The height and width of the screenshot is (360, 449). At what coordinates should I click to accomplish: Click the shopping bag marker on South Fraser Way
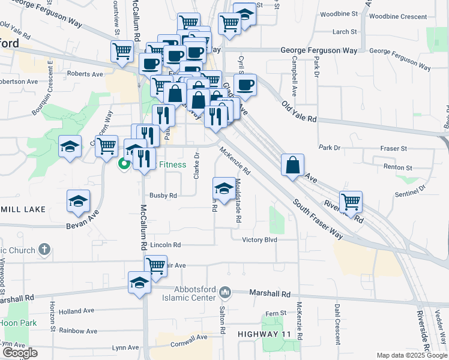click(x=292, y=165)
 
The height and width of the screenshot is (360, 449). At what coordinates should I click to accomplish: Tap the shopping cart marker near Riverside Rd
click(x=351, y=201)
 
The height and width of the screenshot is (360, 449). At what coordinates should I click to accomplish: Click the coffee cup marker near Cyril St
click(x=245, y=85)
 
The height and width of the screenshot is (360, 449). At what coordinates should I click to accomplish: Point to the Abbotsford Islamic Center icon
click(x=225, y=292)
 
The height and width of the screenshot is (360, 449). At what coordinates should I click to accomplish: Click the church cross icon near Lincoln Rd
click(x=44, y=248)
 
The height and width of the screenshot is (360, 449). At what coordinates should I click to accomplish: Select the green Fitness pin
click(x=125, y=163)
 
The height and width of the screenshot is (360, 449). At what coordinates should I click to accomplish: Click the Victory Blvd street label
click(x=259, y=240)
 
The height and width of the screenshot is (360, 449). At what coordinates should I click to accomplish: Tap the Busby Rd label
click(x=163, y=195)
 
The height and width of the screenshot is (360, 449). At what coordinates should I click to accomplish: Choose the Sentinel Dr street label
click(x=409, y=194)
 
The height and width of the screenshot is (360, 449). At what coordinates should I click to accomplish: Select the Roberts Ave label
click(x=85, y=74)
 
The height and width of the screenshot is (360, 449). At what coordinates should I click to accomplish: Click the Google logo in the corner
click(x=20, y=353)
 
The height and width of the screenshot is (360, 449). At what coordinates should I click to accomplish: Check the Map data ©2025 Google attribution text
click(x=411, y=355)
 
